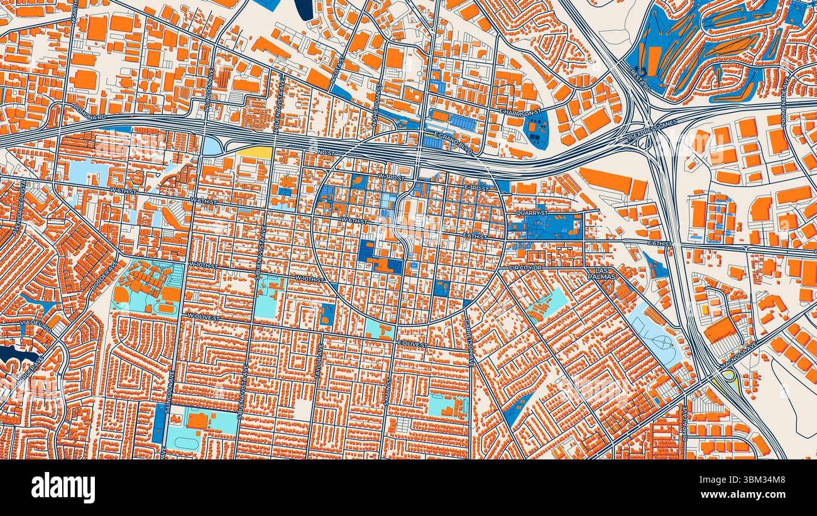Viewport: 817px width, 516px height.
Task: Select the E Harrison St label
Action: [520, 112]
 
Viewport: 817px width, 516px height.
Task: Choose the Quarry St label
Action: [532, 213]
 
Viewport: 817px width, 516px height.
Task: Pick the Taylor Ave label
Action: [319, 356]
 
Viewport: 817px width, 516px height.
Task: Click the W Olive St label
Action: [202, 316]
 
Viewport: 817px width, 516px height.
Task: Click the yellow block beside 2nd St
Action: [255, 152]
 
